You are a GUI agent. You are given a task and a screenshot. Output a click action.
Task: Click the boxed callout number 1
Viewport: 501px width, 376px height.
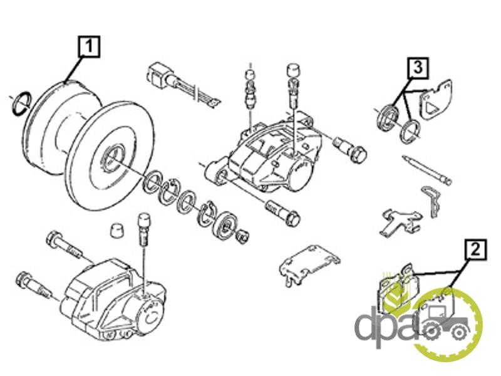[89, 47]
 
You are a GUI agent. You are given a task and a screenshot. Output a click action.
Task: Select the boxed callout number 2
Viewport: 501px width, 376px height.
[475, 250]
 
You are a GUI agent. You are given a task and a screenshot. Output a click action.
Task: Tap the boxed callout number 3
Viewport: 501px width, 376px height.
[418, 68]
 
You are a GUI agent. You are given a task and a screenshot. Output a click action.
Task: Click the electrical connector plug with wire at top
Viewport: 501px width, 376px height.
[182, 84]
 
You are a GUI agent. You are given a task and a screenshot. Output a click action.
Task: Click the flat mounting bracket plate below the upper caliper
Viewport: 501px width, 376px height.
[309, 262]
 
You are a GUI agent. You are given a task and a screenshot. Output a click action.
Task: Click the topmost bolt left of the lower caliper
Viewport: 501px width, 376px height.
[65, 243]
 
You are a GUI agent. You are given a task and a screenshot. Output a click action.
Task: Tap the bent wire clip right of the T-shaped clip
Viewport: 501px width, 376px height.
[431, 201]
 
